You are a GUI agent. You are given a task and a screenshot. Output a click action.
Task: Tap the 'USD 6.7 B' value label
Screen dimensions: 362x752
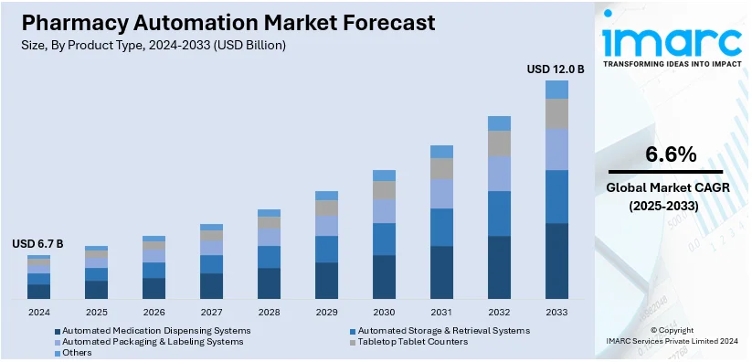(x=37, y=244)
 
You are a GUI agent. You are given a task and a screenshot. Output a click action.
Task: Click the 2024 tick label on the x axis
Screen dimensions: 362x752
(x=38, y=313)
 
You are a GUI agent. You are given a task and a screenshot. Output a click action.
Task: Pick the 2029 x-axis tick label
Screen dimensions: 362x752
(x=326, y=313)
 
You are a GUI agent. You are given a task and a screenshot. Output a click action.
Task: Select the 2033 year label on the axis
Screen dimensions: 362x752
(x=556, y=313)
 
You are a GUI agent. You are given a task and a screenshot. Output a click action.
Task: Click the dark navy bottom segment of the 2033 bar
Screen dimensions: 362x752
(x=556, y=261)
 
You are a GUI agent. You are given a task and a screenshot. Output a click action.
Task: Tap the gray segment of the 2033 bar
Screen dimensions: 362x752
(x=556, y=113)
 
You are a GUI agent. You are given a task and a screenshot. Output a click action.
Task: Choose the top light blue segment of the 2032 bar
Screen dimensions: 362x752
(x=499, y=123)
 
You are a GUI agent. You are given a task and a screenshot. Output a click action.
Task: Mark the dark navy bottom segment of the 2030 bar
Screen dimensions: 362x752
(x=384, y=277)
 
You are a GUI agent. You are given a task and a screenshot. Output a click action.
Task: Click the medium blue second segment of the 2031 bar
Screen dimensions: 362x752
(x=441, y=227)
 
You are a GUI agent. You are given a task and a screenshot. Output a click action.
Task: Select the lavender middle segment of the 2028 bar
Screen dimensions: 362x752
(x=269, y=237)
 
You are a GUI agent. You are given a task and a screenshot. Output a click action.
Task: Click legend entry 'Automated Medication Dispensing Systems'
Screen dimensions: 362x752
(x=152, y=330)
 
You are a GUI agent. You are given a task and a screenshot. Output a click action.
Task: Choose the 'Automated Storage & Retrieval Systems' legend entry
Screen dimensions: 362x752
(x=443, y=330)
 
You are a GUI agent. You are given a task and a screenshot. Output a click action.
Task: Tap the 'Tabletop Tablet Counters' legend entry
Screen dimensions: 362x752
(x=412, y=341)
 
